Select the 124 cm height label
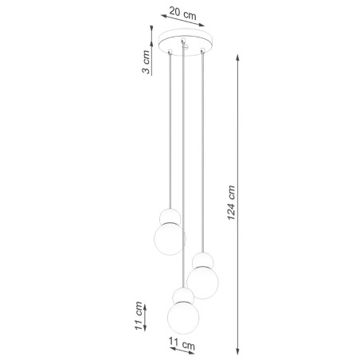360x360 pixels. click(232, 205)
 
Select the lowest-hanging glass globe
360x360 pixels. click(183, 316)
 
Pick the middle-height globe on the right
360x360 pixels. click(203, 281)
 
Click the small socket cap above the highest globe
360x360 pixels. click(168, 215)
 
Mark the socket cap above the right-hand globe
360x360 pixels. click(202, 260)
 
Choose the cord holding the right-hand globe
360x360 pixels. click(204, 151)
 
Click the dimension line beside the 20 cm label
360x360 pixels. click(182, 23)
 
